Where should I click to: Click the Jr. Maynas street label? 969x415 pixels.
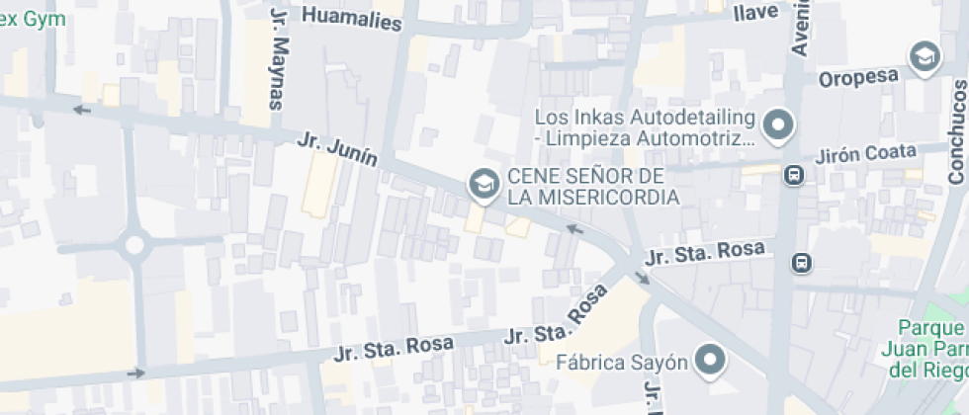tap(279, 59)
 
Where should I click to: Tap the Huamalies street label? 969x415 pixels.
tap(352, 18)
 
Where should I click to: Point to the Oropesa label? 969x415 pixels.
tap(857, 77)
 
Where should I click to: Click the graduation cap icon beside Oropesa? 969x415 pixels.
tap(925, 57)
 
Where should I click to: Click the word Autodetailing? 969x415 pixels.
tap(680, 118)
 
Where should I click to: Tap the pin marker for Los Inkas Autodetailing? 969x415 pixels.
tap(779, 125)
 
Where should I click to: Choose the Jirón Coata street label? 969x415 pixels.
tap(867, 154)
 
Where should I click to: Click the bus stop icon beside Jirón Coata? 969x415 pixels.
tap(794, 175)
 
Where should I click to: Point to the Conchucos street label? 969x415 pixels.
tap(955, 132)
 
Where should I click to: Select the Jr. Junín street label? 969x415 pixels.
tap(337, 151)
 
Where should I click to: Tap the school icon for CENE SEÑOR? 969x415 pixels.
tap(483, 184)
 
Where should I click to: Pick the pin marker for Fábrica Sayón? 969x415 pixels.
tap(710, 361)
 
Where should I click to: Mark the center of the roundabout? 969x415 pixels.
tap(135, 243)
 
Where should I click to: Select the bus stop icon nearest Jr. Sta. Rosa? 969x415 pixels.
tap(801, 263)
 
